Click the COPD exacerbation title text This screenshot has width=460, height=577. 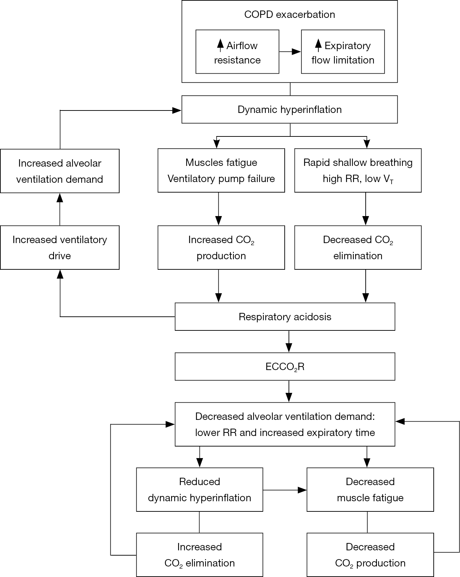point(290,14)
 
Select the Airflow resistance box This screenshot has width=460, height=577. point(237,52)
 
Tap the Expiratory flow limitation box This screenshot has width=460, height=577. point(343,52)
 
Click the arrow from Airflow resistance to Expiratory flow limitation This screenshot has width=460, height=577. point(290,52)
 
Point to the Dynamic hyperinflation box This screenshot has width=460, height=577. point(290,109)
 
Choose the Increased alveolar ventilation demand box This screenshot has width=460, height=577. point(60,171)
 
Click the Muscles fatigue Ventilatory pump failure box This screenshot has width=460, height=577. point(221,170)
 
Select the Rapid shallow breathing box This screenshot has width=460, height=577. point(358,170)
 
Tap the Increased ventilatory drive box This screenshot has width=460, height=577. point(60,248)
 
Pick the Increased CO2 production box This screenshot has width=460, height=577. point(221,248)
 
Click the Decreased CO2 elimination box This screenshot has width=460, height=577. point(358,248)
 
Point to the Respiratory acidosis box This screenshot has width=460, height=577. point(285,317)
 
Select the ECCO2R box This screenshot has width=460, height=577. point(285,367)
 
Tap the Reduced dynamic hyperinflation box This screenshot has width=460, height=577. point(199,490)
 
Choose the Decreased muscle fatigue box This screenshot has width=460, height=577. point(370,490)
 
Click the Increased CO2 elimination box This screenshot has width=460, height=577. point(199,555)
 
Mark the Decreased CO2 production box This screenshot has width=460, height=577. point(370,555)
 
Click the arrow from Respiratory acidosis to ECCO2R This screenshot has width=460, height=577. point(289,342)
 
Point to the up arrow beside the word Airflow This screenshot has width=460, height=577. point(220,45)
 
